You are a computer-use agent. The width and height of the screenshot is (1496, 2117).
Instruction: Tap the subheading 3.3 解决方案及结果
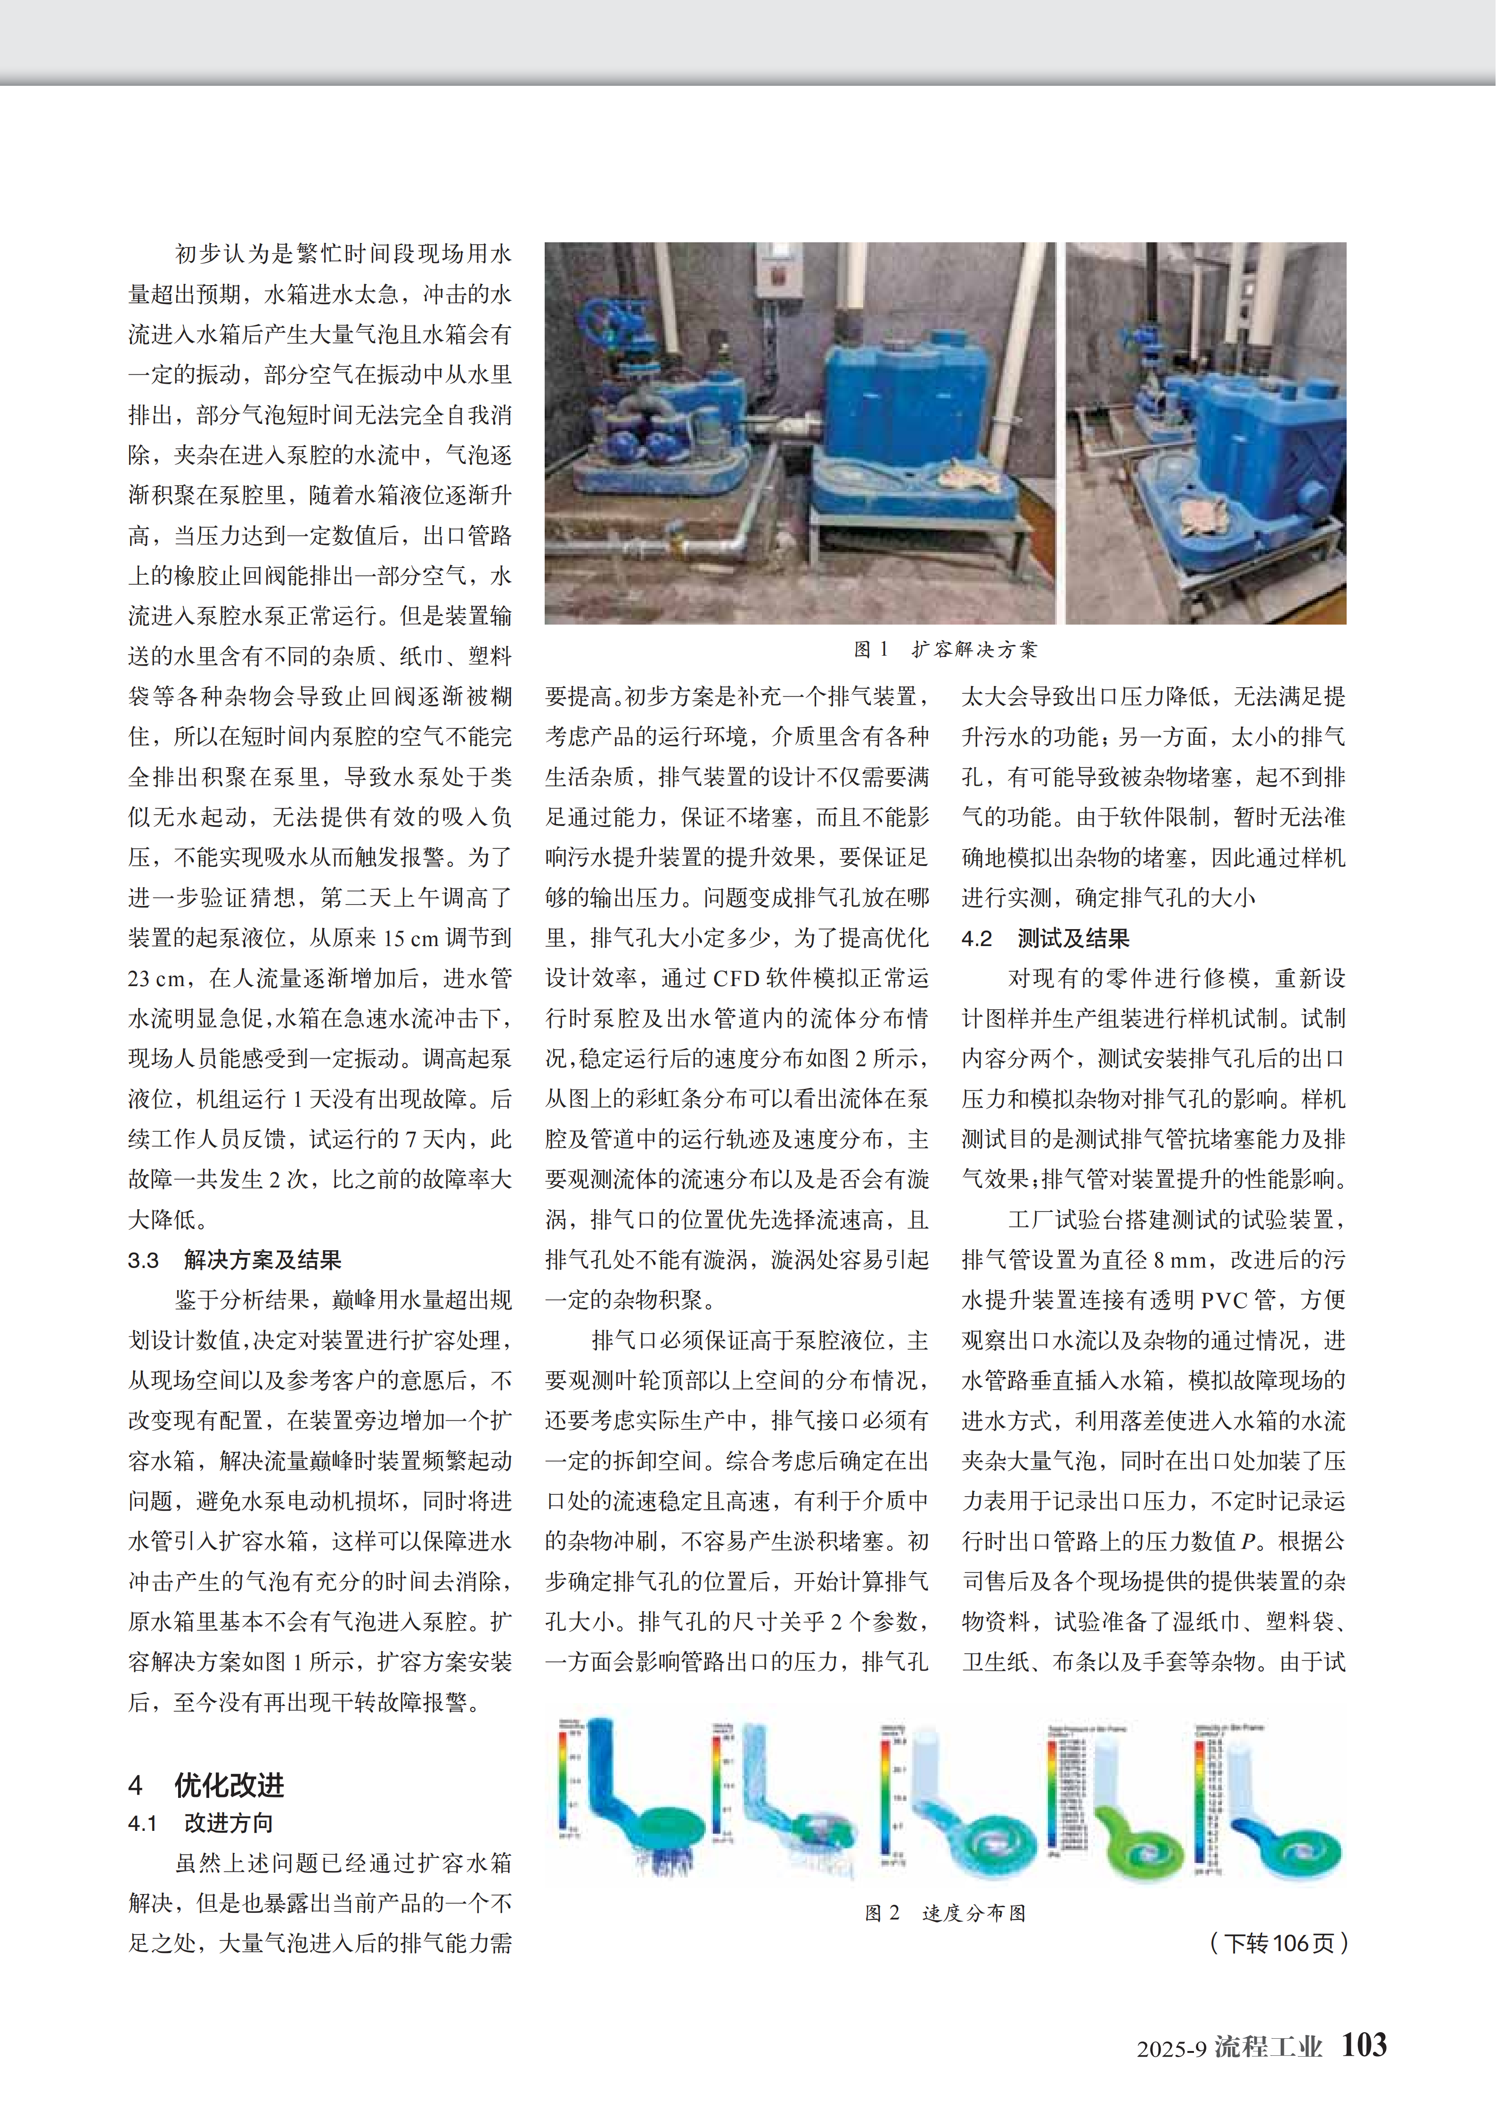click(x=235, y=1260)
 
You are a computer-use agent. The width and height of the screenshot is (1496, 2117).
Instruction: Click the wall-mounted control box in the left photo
click(x=776, y=274)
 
